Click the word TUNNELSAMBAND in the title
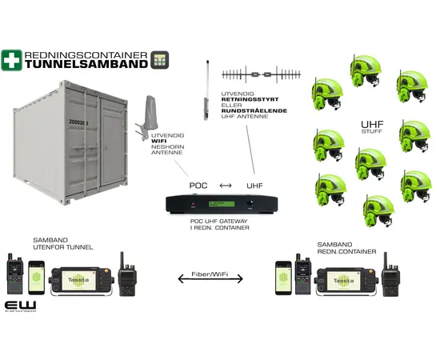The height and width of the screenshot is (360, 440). click(86, 65)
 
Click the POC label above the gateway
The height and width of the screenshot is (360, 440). click(198, 186)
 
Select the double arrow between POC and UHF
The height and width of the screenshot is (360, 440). click(226, 186)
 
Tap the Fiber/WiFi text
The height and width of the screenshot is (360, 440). click(218, 274)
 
